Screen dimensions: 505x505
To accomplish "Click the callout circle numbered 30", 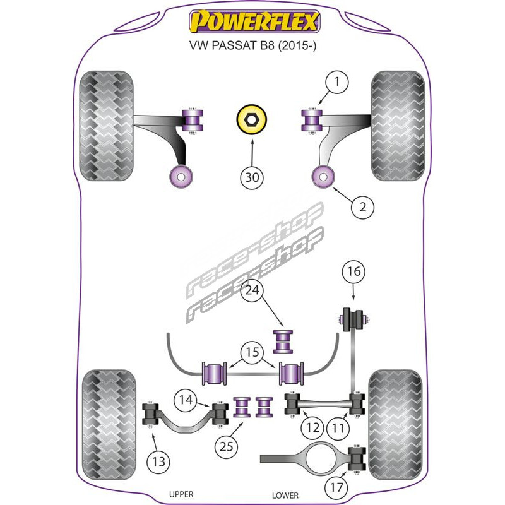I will [x=252, y=179].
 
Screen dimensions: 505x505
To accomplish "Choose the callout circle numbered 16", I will [x=353, y=273].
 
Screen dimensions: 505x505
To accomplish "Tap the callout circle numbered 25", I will [x=227, y=447].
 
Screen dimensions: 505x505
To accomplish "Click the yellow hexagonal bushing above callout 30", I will [x=252, y=120].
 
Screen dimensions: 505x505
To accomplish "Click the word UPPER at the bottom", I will [x=181, y=494].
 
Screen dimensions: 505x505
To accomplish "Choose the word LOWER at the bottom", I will [x=285, y=496].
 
